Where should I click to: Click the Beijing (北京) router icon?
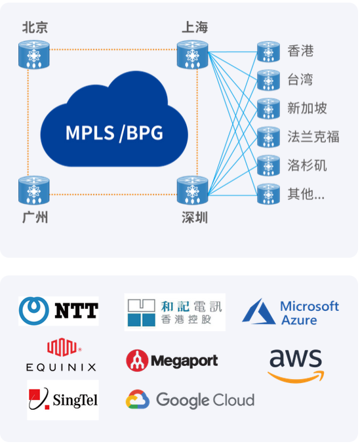[34, 54]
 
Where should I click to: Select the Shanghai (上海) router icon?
[192, 54]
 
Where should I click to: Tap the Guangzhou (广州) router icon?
[34, 190]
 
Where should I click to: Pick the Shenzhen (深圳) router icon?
[192, 190]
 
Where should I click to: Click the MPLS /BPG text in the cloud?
[114, 132]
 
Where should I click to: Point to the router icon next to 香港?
[268, 52]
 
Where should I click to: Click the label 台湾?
[300, 79]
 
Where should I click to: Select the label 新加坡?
[307, 108]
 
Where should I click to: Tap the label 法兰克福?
[313, 137]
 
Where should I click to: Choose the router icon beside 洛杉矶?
[268, 165]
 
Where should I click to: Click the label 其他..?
[300, 194]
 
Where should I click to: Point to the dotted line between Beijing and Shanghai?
[113, 50]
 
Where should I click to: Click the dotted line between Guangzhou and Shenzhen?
[113, 195]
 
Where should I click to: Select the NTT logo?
[58, 311]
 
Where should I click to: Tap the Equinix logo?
[61, 354]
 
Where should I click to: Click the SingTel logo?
[63, 399]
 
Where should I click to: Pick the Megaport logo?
[172, 361]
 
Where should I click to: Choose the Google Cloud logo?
[190, 399]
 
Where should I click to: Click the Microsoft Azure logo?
[290, 312]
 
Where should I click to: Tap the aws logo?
[296, 366]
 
